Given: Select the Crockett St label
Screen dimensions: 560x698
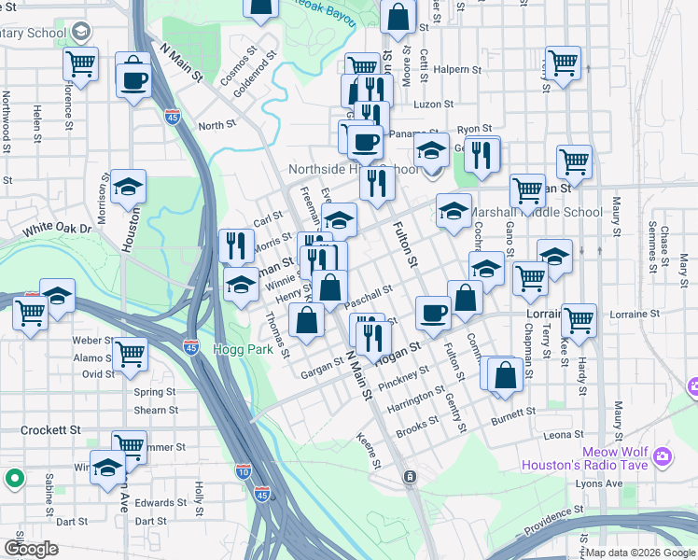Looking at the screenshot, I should tap(49, 430).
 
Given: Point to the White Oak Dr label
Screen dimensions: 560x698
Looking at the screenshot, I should tap(58, 229).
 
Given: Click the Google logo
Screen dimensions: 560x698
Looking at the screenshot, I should tap(32, 549).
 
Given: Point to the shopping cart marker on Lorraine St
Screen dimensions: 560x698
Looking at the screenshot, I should tap(579, 320).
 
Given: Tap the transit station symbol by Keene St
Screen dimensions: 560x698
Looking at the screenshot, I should tap(409, 477).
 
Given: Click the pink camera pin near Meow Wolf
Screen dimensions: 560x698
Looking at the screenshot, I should tap(663, 456).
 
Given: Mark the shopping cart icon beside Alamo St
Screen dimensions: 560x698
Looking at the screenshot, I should tap(129, 354).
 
